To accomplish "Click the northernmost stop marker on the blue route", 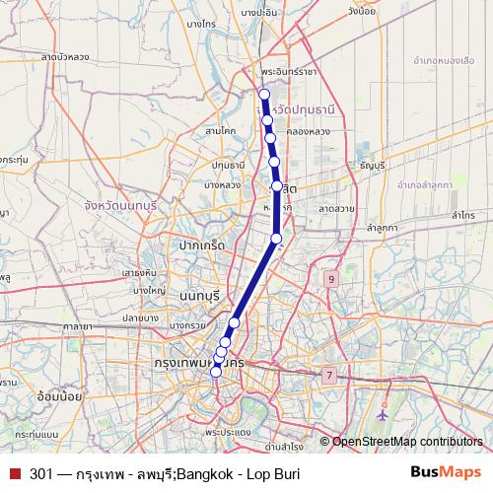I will click(x=263, y=95).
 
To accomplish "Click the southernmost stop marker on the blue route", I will click(x=216, y=372).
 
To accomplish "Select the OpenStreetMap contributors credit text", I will click(x=406, y=443).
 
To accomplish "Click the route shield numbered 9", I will click(x=331, y=280).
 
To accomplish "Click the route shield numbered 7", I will click(x=327, y=375).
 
